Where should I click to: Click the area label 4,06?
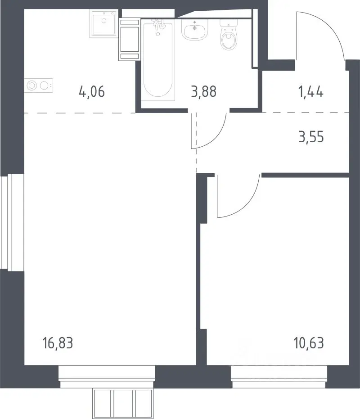point(92,92)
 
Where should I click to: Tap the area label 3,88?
point(204,92)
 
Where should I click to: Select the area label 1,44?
point(311,92)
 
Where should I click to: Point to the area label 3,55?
point(311,137)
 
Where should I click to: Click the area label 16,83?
point(58,343)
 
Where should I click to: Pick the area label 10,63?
point(309,343)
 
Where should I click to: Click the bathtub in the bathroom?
point(158,61)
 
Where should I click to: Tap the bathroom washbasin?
point(195,30)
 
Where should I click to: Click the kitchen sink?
point(103,24)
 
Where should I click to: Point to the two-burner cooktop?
point(39,86)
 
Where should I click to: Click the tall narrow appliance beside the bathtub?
point(129,39)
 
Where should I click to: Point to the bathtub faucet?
point(158,25)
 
